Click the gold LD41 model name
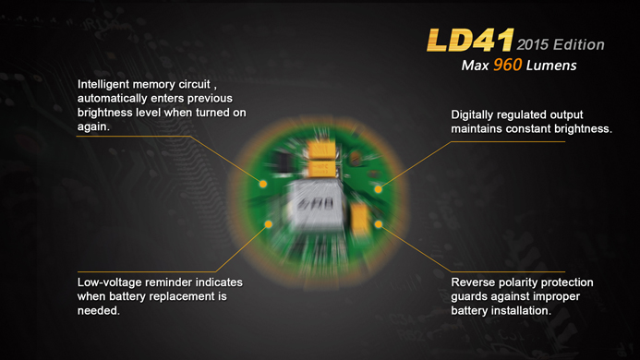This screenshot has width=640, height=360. coord(470,40)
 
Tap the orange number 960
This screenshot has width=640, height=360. coord(507,65)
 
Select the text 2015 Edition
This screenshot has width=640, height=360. coord(561,44)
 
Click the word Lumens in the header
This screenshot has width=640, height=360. coord(551,66)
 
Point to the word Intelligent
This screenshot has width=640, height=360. coord(103,85)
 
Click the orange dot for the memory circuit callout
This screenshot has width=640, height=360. coord(263,184)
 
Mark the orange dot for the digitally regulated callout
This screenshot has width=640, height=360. coord(379,189)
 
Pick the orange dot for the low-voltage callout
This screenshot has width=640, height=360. coord(268,224)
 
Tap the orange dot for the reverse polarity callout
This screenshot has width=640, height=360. coord(379,224)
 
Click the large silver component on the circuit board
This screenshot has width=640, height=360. coord(317,205)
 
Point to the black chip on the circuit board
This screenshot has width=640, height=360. coord(282,162)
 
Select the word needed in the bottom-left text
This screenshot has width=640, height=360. coord(99,310)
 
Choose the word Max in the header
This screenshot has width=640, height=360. coord(475,66)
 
